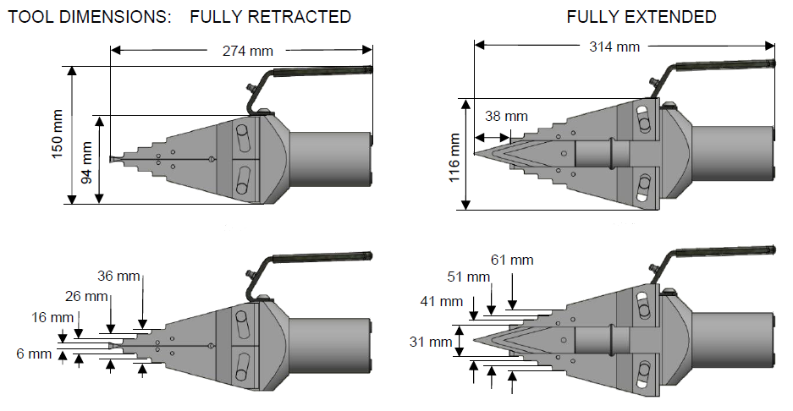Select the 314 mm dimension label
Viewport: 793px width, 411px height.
coord(614,47)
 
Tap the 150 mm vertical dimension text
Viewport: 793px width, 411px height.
coord(58,135)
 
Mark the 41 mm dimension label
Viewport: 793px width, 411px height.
coord(440,301)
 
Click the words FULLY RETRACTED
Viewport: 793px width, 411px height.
coord(270,17)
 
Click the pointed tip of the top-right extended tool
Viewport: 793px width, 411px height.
coord(476,153)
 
